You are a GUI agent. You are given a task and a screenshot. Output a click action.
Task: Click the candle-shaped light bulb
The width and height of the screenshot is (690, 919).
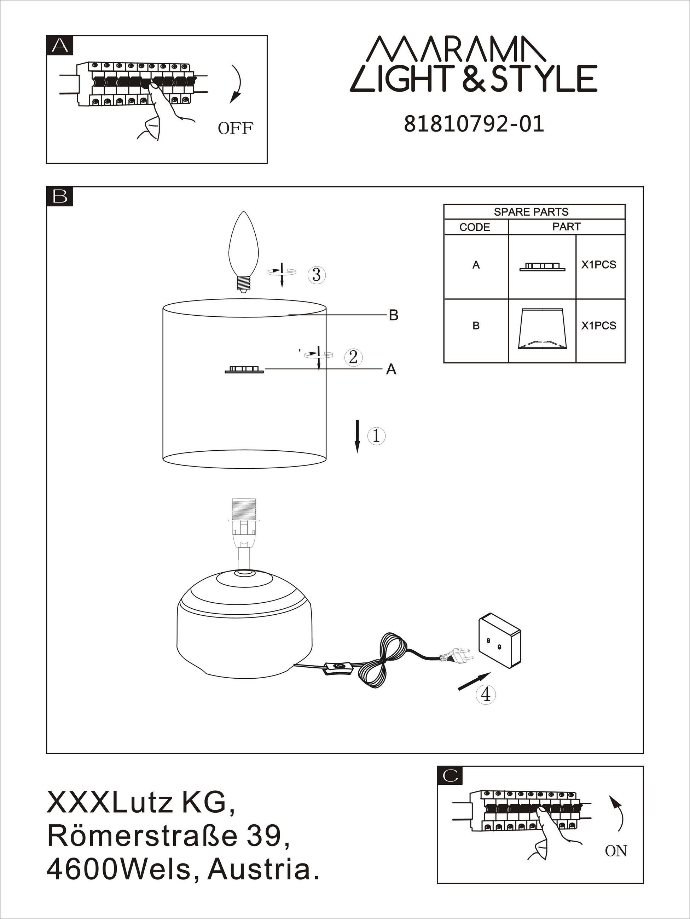click(244, 252)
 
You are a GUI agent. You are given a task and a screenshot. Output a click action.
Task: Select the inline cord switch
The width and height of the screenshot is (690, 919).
click(338, 668)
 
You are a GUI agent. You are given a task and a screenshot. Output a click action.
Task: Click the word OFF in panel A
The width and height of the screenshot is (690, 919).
click(235, 128)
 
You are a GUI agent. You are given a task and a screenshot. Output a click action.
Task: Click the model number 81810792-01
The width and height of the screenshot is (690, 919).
click(474, 124)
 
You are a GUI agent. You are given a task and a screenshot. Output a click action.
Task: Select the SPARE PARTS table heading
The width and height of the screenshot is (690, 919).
click(531, 212)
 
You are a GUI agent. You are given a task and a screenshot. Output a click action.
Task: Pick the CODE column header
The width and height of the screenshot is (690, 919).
click(475, 227)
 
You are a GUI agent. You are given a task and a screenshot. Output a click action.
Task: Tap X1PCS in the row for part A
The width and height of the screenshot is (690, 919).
click(598, 265)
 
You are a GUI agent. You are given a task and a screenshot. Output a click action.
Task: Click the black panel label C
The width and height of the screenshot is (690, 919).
click(450, 775)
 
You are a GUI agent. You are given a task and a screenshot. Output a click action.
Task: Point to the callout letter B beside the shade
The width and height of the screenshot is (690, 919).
click(394, 316)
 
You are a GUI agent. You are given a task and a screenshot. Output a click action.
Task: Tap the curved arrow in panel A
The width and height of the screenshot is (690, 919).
click(238, 83)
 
